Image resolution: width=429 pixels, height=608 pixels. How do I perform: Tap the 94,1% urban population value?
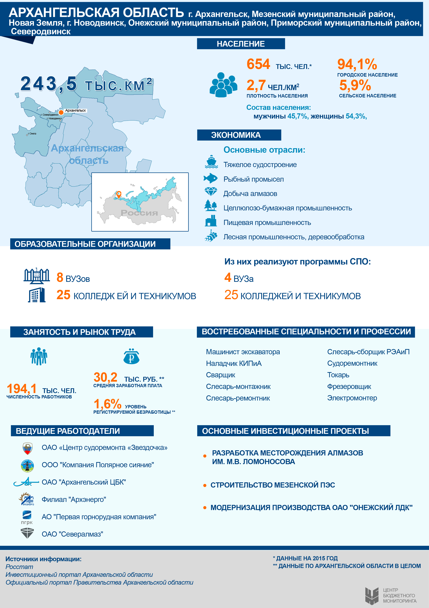pos(357,64)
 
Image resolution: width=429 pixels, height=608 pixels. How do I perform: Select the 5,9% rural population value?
pos(355,85)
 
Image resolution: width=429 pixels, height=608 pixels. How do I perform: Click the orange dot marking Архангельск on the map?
pos(61,112)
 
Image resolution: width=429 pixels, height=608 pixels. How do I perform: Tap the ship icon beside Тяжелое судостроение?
pos(211,162)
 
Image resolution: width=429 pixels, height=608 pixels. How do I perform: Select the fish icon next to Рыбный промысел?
pos(211,178)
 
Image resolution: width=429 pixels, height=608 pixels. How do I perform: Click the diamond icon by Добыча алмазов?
pos(211,192)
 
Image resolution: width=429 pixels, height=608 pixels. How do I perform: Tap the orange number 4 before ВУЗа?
pos(228,277)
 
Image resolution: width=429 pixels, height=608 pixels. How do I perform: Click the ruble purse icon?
pos(131,357)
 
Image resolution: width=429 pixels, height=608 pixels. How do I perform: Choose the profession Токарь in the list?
pos(338,375)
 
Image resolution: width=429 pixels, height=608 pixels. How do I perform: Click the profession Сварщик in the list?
pos(220,375)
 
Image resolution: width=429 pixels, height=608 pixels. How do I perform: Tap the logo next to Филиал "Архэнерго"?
pos(27,499)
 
